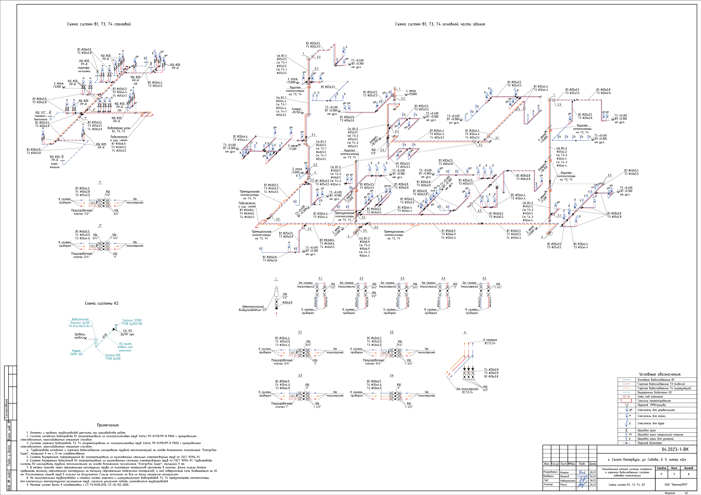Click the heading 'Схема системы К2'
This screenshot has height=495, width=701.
point(101,303)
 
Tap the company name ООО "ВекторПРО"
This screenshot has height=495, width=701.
point(676,484)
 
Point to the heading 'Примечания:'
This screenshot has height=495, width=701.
point(108,425)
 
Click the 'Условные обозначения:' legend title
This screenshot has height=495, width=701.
point(660,374)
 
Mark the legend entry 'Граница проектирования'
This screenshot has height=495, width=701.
point(654,401)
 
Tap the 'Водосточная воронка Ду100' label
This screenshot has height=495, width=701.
point(80,323)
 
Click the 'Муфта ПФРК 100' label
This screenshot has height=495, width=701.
point(76,352)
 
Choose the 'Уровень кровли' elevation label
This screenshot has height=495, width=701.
point(80,336)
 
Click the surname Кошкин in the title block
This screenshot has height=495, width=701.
point(564,472)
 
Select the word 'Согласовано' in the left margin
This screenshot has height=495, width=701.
point(6,409)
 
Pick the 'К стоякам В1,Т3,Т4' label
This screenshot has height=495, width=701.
point(490,341)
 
